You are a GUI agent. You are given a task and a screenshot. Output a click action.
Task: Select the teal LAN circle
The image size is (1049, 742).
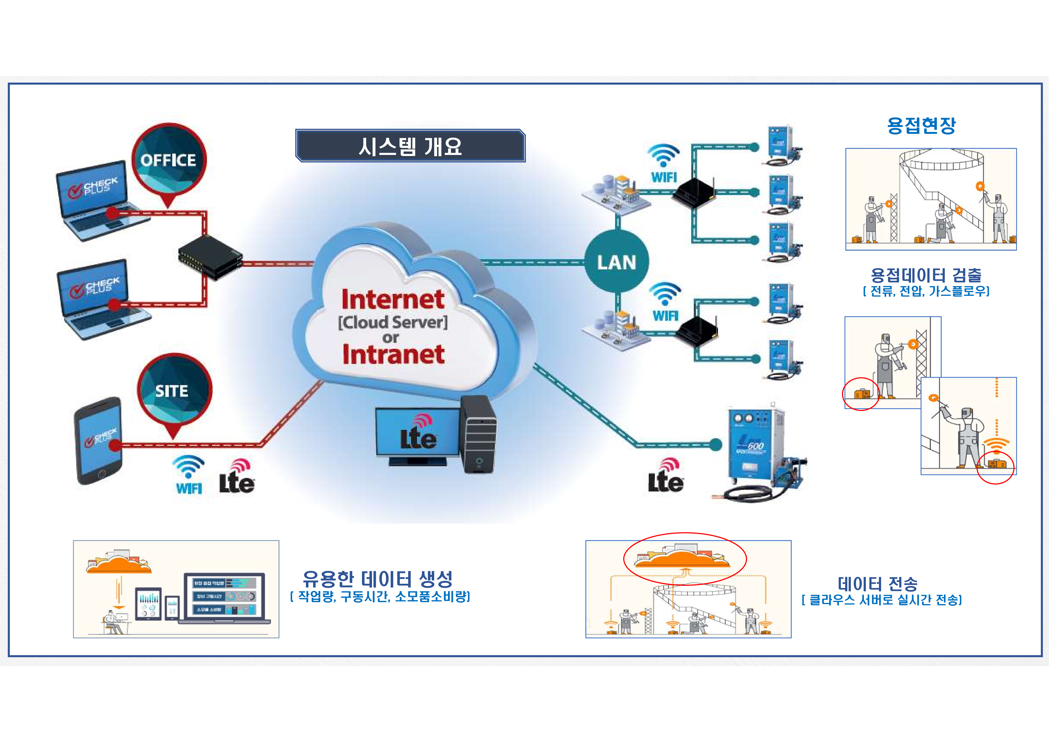(616, 262)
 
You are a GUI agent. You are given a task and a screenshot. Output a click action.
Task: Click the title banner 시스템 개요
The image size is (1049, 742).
(410, 146)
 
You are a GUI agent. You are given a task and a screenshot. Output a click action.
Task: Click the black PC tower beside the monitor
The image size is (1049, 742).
(478, 434)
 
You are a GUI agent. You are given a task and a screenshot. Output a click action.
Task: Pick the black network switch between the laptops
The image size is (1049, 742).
(210, 257)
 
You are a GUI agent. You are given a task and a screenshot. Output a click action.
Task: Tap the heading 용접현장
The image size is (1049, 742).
(921, 125)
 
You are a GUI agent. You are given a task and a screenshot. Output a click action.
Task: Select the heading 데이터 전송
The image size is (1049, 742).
(877, 584)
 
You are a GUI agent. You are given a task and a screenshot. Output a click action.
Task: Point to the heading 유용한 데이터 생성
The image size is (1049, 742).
(377, 579)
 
